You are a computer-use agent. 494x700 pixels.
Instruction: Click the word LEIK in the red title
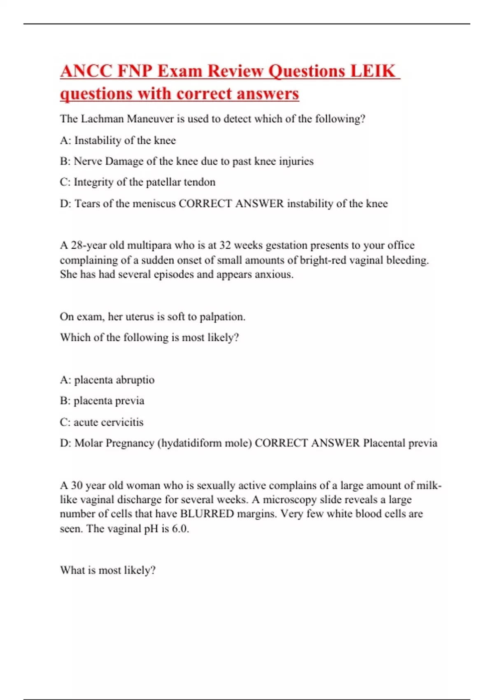[373, 71]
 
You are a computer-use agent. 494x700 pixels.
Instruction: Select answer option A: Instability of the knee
[118, 140]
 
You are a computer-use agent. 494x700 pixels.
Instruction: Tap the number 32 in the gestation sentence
[225, 245]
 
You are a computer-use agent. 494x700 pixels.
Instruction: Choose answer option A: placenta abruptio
[107, 380]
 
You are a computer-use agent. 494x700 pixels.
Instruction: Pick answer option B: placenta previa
[102, 401]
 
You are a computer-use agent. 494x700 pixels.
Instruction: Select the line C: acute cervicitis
[102, 422]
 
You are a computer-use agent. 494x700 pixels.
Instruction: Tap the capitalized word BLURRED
[207, 514]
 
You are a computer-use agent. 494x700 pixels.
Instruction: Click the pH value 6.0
[180, 529]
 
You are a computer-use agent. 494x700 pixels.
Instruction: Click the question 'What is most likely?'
[108, 570]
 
